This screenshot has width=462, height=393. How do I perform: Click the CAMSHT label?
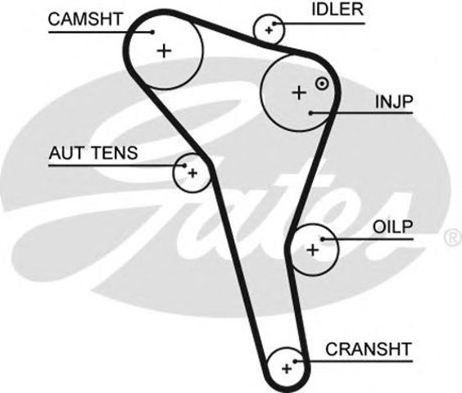coord(85,19)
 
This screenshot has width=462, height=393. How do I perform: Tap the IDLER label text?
coord(337,10)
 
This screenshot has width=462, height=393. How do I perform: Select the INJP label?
coord(394,102)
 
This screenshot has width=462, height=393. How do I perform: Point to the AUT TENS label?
coord(93,153)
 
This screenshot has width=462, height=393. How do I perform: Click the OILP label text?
coord(392,227)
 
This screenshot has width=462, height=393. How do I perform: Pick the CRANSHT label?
coord(369,349)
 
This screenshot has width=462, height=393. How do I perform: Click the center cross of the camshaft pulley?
coord(165,51)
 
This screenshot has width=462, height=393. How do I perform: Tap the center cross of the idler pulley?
coord(269,30)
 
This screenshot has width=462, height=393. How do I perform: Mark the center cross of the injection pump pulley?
coord(299,93)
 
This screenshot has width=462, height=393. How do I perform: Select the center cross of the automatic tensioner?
coord(192,173)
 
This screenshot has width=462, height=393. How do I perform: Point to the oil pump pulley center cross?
coord(313,250)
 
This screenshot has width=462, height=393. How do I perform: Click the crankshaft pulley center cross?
coord(287,368)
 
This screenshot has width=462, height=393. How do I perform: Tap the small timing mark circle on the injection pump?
coord(322,84)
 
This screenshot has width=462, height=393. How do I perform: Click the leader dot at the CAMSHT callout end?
coord(152,32)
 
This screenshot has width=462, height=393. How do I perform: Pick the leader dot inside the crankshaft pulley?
coord(295,361)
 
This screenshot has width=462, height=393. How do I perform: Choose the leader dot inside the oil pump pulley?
coord(323,239)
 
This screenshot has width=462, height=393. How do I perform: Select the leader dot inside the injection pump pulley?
coord(310,112)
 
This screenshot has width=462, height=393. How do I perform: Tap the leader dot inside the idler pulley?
coord(274,24)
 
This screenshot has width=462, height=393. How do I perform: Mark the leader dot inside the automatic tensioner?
coord(185,165)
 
